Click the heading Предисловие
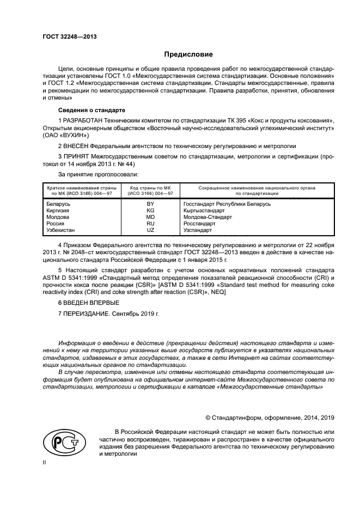click(x=189, y=54)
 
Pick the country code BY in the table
click(x=150, y=204)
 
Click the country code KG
click(x=150, y=210)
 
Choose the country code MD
click(x=150, y=217)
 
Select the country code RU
click(x=150, y=223)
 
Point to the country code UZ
click(x=150, y=230)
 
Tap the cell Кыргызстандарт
click(x=204, y=210)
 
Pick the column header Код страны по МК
click(x=150, y=187)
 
